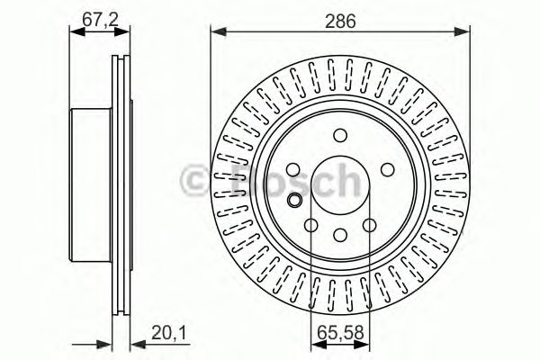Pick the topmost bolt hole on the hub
point(339,135)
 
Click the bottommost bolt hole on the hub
point(339,236)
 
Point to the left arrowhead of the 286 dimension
point(216,34)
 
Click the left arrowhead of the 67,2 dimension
point(75,32)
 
